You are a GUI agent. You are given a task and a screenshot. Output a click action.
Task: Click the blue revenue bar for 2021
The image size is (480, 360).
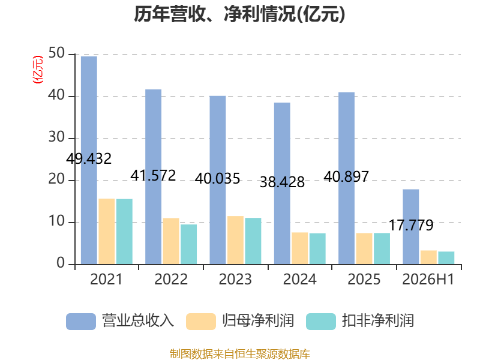[89, 160]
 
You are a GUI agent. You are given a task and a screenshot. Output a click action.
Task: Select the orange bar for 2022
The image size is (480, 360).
[171, 241]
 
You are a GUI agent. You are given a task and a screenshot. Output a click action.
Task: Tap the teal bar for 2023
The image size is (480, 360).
[253, 241]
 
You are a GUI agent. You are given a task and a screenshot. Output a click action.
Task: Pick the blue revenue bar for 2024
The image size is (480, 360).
[282, 184]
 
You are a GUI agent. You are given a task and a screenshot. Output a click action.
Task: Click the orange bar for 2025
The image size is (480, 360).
[364, 248]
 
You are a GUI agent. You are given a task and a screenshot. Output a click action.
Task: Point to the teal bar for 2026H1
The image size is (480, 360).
[446, 258]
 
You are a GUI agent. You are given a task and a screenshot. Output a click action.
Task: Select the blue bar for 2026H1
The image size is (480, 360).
[411, 227]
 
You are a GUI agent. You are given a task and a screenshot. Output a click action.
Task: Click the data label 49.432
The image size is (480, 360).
[89, 158]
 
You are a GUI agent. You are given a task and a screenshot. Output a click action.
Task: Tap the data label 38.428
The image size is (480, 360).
[282, 182]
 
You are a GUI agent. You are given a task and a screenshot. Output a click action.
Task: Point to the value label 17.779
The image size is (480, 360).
[411, 226]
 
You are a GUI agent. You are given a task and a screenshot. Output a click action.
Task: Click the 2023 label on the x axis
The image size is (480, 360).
[235, 279]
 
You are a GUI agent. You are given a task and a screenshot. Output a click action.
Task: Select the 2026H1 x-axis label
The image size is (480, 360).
[428, 279]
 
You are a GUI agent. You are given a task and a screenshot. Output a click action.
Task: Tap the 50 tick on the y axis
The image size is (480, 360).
[56, 53]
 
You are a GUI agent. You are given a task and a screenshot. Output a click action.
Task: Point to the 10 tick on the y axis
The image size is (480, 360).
[56, 221]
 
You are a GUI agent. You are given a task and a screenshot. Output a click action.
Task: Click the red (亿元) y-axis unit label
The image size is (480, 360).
[38, 70]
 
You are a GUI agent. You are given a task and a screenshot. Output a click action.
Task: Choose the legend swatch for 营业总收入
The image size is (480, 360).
[81, 322]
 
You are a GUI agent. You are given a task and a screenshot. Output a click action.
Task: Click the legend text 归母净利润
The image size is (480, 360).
[258, 321]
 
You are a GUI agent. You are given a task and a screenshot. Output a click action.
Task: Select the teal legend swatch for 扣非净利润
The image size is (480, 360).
[321, 322]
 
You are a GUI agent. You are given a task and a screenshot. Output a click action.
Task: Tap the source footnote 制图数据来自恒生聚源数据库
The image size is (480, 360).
[240, 354]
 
